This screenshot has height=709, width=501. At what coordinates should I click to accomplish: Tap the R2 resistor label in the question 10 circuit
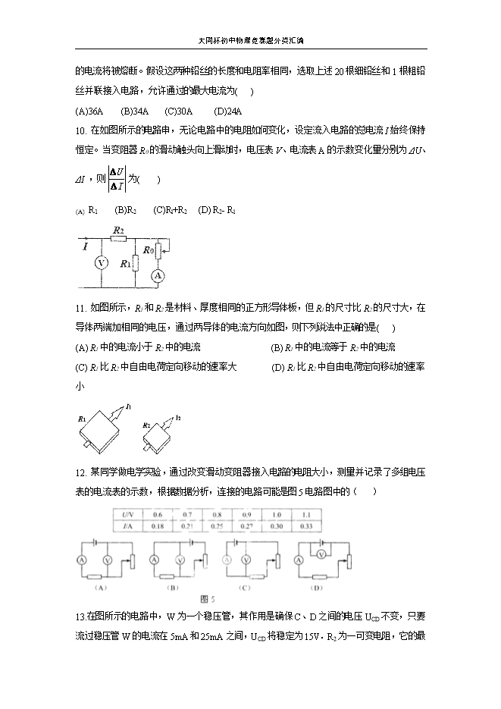coord(118,229)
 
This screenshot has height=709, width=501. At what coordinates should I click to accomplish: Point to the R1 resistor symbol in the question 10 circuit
coord(134,263)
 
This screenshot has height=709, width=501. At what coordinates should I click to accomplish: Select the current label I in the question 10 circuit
coord(86,246)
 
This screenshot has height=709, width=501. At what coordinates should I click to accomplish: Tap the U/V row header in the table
coord(127,514)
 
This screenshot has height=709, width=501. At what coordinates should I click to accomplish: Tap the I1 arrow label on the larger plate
coord(130,407)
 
